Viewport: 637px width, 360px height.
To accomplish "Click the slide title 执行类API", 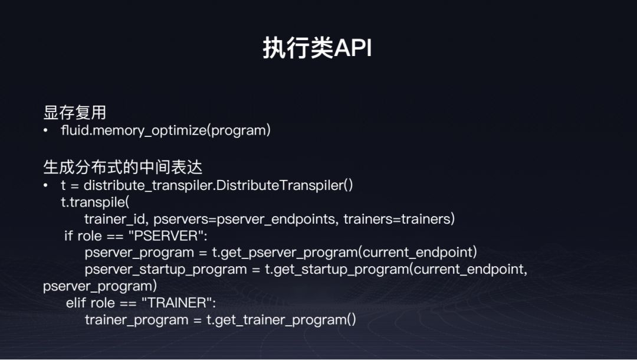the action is tap(317, 48).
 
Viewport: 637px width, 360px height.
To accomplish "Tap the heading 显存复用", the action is tap(75, 113).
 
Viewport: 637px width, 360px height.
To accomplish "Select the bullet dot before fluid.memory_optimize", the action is tap(45, 130).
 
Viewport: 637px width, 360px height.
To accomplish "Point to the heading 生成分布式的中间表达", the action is tap(123, 167).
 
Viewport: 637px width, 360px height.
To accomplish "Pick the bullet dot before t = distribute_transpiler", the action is tap(45, 185).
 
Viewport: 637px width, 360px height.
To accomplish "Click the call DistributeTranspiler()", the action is tap(284, 185).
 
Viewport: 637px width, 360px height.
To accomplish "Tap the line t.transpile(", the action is tap(95, 202).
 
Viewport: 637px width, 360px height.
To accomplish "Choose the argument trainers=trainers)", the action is tap(399, 219).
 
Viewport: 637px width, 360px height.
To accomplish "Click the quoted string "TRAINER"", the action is tap(178, 303).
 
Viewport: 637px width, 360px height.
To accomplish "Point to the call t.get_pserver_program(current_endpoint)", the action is tap(344, 253).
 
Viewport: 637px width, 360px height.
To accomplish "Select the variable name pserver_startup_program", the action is tap(166, 269).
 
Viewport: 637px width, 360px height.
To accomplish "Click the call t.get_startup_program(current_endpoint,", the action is tap(396, 269).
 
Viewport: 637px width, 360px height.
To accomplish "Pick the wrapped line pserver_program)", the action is tap(100, 286).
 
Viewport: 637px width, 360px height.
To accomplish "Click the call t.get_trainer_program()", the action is tap(281, 320).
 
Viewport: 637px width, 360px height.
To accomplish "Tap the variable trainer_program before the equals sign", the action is tap(136, 320).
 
